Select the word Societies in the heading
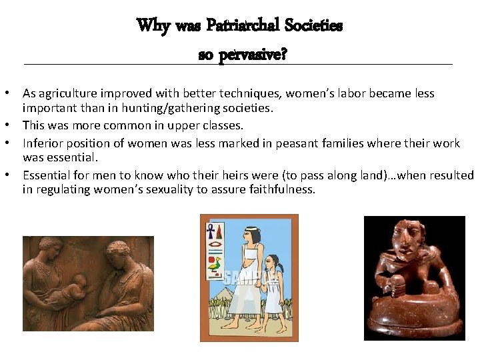314,26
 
